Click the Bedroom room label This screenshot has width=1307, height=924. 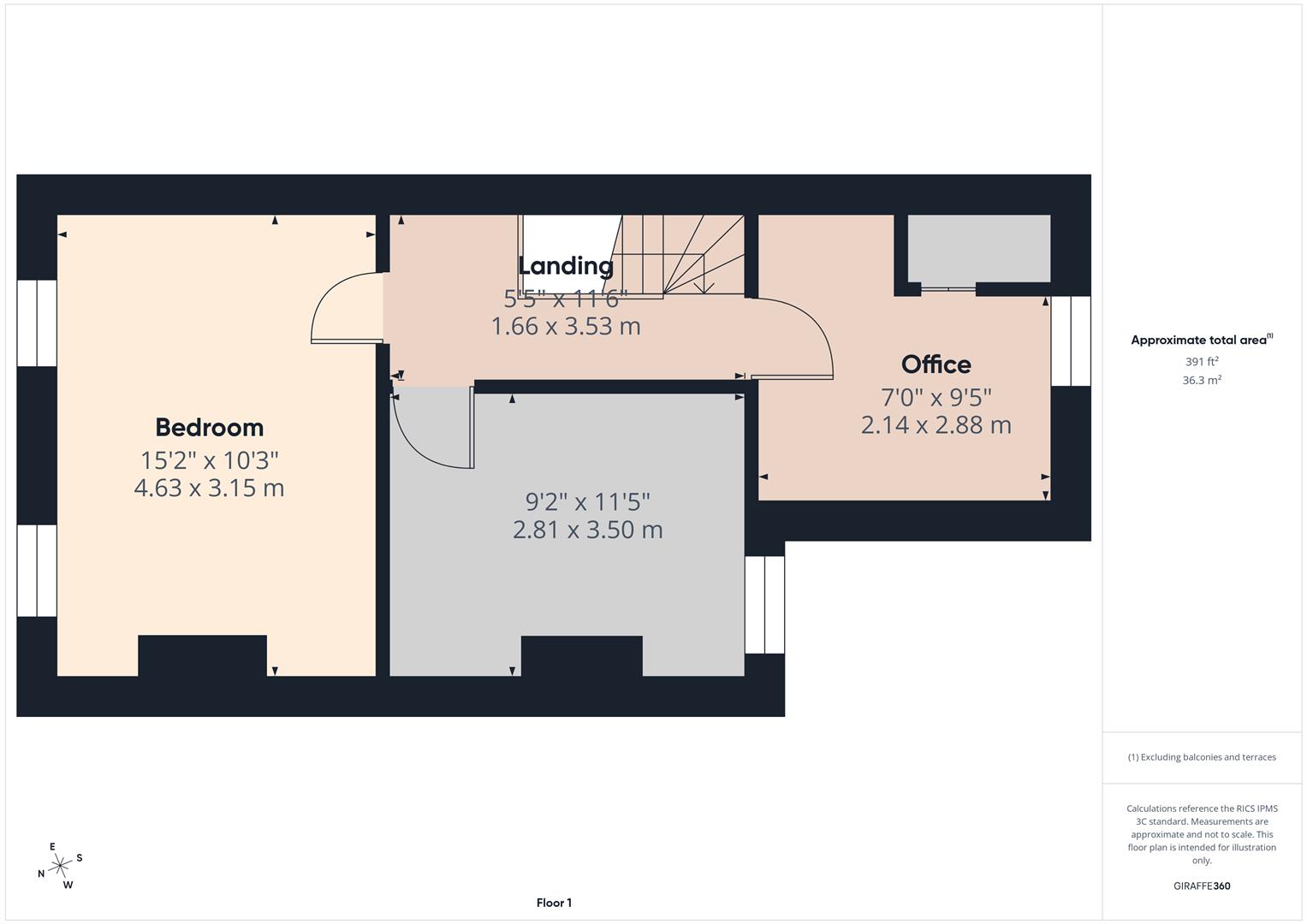pos(209,427)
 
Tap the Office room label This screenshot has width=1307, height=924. pos(936,364)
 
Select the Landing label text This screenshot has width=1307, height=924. pos(566,265)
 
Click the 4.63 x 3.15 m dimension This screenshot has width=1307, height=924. pos(209,488)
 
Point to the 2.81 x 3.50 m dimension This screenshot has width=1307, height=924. pos(587,530)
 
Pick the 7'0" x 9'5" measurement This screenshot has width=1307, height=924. pos(936,397)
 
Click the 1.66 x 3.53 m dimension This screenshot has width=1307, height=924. pos(566,326)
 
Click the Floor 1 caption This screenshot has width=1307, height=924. pos(554,903)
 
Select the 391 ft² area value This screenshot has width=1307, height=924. pos(1201,362)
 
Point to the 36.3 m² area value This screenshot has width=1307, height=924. pos(1201,381)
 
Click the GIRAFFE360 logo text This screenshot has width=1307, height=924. pos(1201,885)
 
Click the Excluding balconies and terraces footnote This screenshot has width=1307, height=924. pos(1201,757)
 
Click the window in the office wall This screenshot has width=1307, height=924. pos(1070,341)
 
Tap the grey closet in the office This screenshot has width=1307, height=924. pos(978,248)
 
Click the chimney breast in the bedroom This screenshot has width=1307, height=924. pos(202,655)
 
